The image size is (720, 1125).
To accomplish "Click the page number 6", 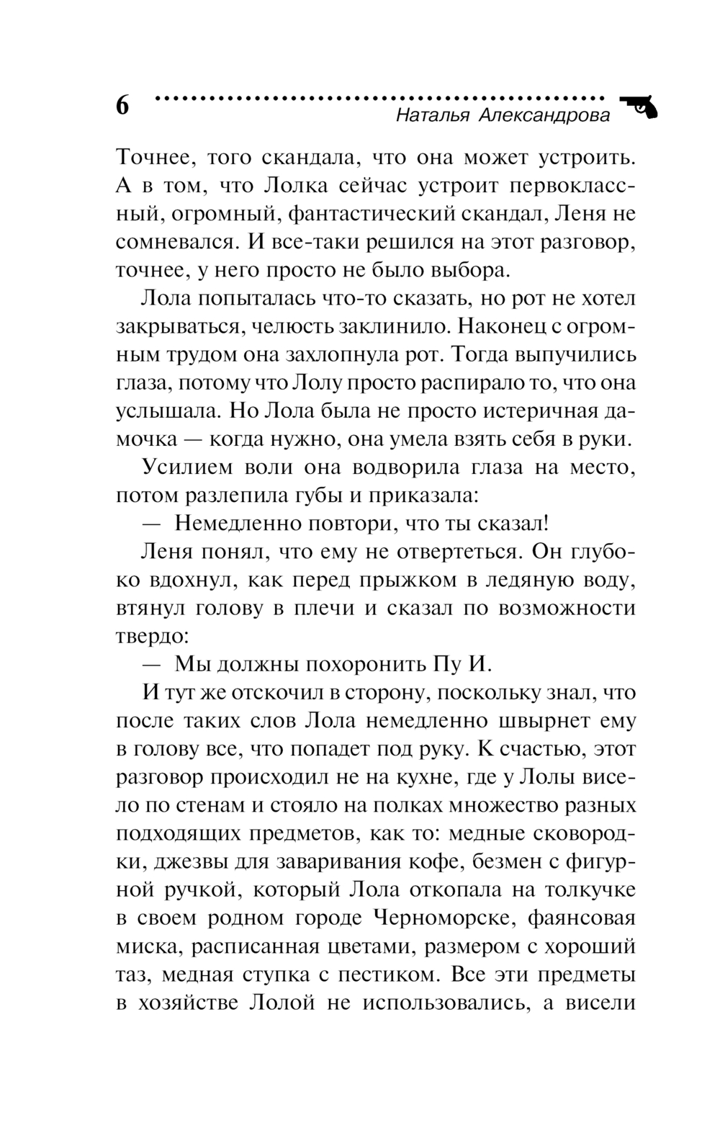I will click(122, 105).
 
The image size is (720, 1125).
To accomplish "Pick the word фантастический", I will click(357, 214).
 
